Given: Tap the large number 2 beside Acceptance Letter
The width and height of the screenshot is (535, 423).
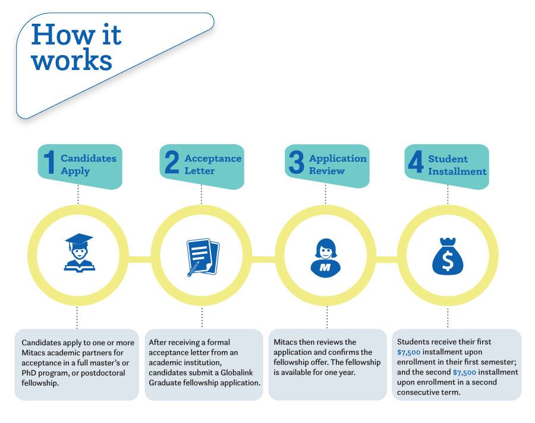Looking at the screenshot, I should click(172, 163).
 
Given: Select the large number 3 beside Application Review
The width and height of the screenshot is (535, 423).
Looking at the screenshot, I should click(295, 163).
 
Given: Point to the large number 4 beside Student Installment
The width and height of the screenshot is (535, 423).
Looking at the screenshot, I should click(416, 163).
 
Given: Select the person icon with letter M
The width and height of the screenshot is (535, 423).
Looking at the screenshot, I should click(326, 257).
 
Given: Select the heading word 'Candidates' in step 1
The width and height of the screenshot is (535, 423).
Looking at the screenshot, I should click(89, 158).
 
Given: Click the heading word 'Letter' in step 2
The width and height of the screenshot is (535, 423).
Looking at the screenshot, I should click(199, 171).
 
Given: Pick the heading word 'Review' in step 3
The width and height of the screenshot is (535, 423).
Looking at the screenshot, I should click(326, 171).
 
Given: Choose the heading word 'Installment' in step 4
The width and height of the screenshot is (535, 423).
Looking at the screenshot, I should click(457, 171).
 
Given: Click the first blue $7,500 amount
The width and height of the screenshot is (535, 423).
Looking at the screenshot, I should click(409, 352).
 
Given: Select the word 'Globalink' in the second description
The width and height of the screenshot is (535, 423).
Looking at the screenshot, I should click(238, 373).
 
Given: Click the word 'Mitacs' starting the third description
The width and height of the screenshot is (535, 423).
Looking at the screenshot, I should click(287, 342).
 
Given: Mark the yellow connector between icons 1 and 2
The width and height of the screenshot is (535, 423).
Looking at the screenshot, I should click(140, 259).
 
